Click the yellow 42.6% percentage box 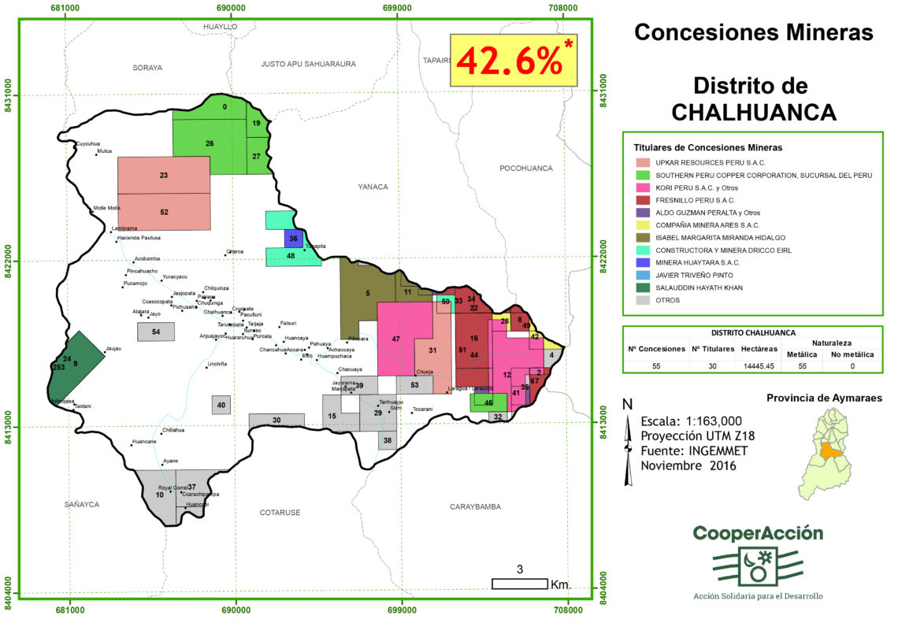click(x=514, y=60)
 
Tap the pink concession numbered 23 click(x=163, y=176)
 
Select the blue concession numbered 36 click(x=293, y=238)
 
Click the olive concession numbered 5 click(x=367, y=293)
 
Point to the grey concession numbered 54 click(x=156, y=332)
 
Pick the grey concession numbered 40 click(x=221, y=406)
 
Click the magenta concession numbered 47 click(x=397, y=339)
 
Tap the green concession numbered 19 click(x=257, y=124)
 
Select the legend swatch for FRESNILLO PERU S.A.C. click(x=642, y=200)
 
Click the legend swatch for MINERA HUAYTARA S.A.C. click(x=642, y=262)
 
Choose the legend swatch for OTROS click(x=642, y=300)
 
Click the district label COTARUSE click(x=280, y=512)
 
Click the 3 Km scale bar click(x=520, y=584)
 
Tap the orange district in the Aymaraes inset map click(x=829, y=451)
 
